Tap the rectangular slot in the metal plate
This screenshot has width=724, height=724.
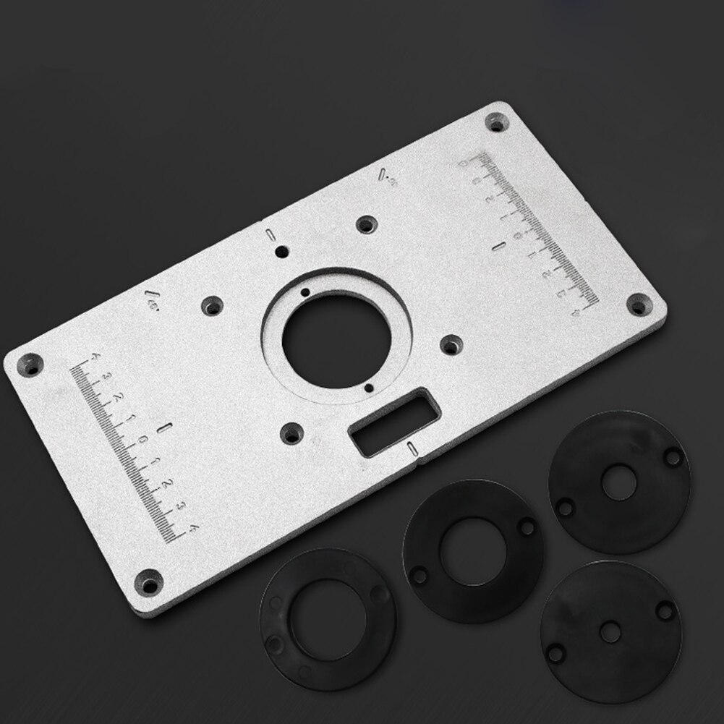[393, 421]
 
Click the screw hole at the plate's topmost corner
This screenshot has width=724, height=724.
[496, 122]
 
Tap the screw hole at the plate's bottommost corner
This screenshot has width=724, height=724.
[149, 581]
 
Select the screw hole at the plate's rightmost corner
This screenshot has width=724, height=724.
[637, 305]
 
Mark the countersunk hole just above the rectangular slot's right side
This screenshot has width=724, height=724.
[450, 345]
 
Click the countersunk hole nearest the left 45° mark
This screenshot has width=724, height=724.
[212, 306]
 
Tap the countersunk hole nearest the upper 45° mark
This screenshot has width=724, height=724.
[367, 224]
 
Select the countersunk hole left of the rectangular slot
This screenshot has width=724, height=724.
[291, 433]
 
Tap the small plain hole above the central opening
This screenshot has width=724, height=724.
[282, 252]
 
